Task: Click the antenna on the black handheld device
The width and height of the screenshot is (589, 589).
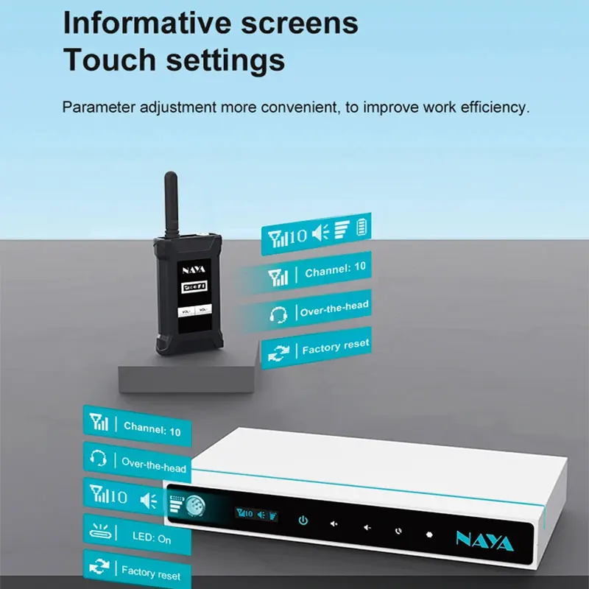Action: click(x=171, y=202)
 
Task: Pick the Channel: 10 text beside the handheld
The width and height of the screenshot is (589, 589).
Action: click(x=335, y=270)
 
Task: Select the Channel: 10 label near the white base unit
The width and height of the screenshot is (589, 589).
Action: click(x=152, y=428)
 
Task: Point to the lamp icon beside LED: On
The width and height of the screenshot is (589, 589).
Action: click(x=99, y=529)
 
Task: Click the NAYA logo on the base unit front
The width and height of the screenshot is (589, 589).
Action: click(x=484, y=543)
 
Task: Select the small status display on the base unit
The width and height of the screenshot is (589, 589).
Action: click(x=256, y=514)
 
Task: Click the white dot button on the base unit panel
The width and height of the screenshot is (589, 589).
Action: click(x=428, y=534)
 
